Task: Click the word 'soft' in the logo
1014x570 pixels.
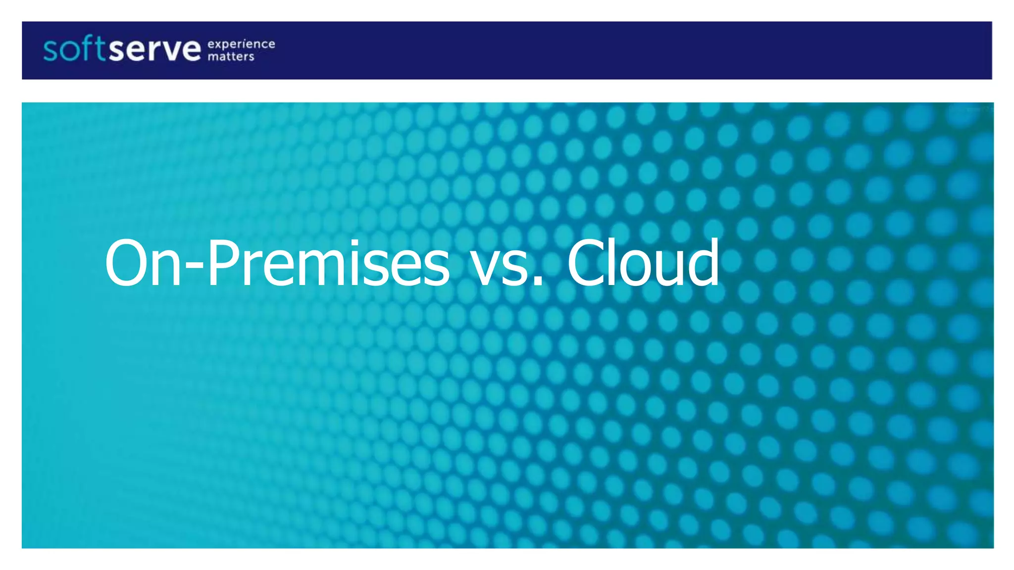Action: point(74,49)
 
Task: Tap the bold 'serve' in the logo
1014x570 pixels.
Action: point(155,50)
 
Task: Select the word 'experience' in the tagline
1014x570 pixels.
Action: point(241,44)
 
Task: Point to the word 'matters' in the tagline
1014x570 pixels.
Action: point(231,56)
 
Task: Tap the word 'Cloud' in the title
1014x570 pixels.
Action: point(643,263)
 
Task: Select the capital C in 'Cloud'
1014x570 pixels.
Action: point(587,263)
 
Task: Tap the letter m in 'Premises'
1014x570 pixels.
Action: point(318,270)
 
